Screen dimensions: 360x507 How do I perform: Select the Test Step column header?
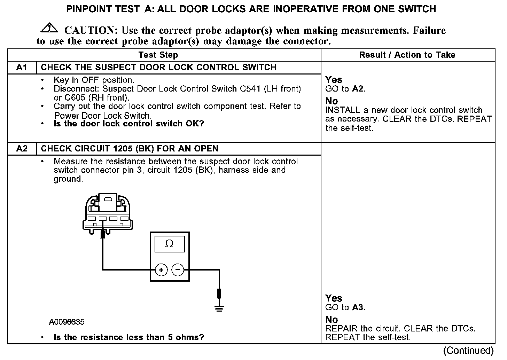(x=158, y=55)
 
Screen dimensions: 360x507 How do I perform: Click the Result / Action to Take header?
(x=407, y=55)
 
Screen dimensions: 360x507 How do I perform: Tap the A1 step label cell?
(x=22, y=68)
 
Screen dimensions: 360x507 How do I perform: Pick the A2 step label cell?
(x=22, y=149)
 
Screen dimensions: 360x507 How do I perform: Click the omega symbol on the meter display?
(x=169, y=244)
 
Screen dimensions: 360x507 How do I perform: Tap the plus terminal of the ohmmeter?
(x=161, y=270)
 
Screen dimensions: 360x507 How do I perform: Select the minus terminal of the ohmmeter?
(x=178, y=270)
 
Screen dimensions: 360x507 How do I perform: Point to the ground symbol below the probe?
(x=219, y=308)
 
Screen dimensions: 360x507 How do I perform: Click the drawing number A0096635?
(x=67, y=322)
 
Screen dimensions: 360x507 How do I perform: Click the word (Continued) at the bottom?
(x=468, y=351)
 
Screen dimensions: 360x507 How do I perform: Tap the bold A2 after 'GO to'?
(x=358, y=89)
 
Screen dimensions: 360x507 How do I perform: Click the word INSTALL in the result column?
(x=342, y=110)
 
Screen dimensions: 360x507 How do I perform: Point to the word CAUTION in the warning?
(x=89, y=31)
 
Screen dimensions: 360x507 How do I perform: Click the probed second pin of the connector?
(x=102, y=219)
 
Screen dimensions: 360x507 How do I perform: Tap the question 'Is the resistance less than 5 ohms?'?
(x=128, y=337)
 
